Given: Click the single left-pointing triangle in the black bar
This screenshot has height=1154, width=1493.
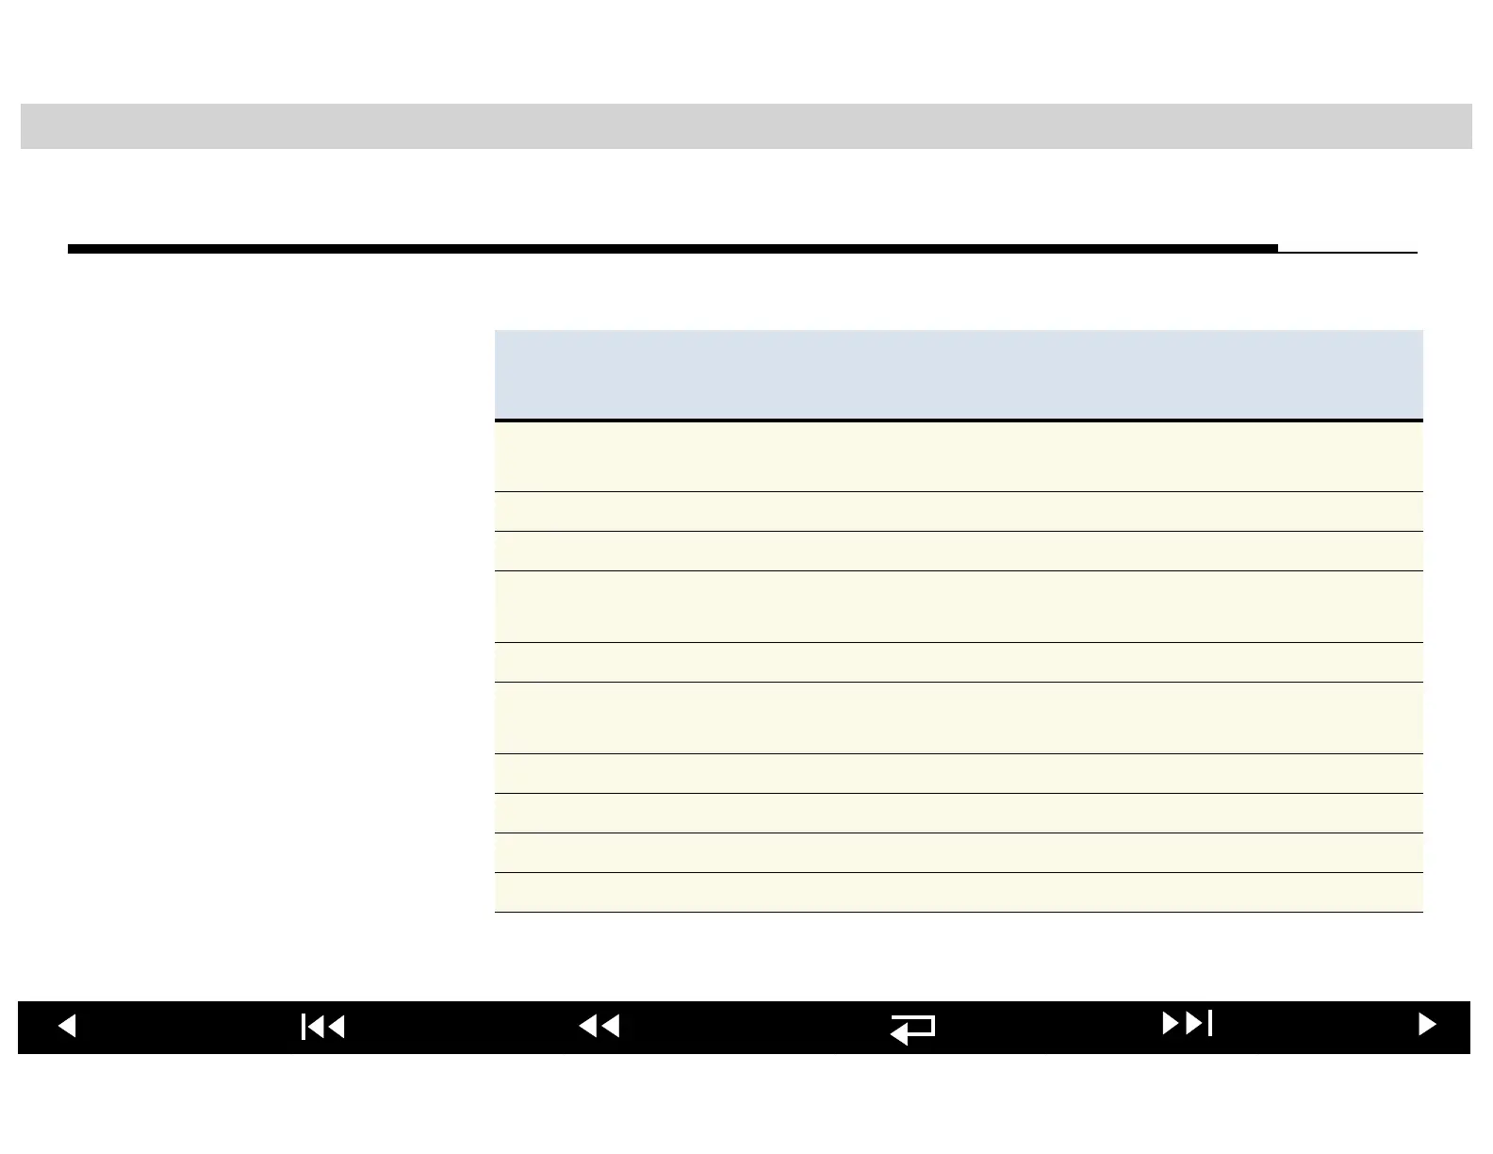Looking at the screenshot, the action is pos(67,1026).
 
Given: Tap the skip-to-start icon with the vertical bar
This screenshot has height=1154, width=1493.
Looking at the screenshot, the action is pos(323,1026).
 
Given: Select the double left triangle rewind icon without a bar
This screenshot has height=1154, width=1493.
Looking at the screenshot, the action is pos(599,1026).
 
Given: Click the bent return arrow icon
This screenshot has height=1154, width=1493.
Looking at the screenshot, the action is pos(912,1028).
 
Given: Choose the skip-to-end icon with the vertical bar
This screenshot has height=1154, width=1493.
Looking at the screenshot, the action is pos(1188,1023).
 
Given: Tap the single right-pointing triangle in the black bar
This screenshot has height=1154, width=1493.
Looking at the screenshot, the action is pos(1427,1025).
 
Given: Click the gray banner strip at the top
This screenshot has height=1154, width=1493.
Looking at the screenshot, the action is pos(746,126).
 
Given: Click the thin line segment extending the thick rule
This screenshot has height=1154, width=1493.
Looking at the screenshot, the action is pos(1348,252).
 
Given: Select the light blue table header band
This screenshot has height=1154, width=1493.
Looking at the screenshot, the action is pos(958,374).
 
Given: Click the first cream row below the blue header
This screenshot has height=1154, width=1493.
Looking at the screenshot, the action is pos(958,456).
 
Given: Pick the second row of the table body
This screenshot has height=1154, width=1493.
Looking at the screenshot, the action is pos(958,511).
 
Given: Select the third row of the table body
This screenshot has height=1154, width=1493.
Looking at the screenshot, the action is pos(958,551).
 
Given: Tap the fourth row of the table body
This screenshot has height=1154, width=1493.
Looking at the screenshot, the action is pos(958,606).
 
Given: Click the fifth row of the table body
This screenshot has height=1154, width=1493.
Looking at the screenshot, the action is pos(958,662).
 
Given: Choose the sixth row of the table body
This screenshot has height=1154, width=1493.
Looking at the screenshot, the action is pos(958,717).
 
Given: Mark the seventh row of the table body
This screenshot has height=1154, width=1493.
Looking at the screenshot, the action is pos(958,773).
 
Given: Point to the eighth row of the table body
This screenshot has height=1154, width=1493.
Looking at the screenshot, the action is pos(958,813).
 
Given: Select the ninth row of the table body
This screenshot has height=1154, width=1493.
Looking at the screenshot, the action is pos(958,852).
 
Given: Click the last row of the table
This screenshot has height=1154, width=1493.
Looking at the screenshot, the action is pos(958,892).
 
